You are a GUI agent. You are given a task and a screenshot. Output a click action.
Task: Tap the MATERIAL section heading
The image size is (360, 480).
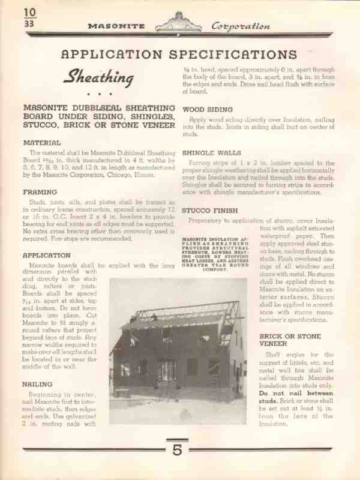coord(41,143)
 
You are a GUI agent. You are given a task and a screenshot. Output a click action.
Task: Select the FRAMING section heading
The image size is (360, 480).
coord(40,192)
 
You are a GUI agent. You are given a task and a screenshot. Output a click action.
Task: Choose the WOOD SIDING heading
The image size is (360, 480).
coord(208,110)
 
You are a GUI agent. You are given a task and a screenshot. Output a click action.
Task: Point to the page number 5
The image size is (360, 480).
coord(177,451)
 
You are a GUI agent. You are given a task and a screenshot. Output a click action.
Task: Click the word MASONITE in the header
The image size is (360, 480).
coord(118,26)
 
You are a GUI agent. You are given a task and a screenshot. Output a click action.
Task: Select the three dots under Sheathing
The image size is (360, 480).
coord(94,94)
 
